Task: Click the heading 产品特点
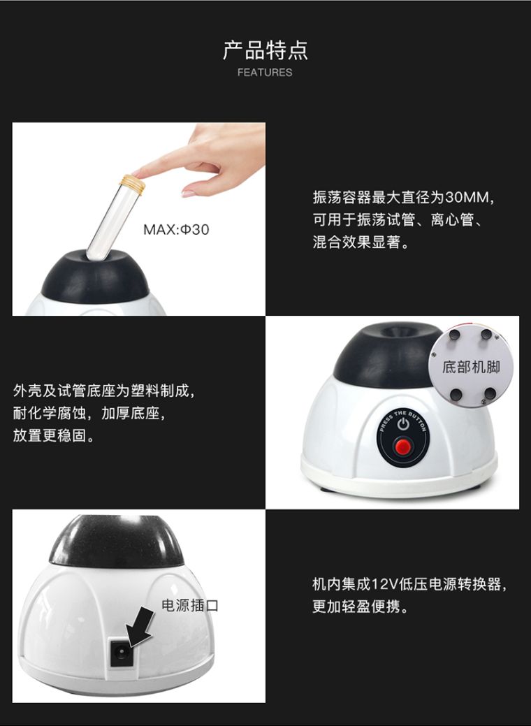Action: point(265,50)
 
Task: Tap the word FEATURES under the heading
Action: point(265,72)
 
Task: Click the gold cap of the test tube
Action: point(133,183)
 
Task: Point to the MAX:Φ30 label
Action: point(176,229)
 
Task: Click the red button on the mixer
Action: point(402,447)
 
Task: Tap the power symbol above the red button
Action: point(403,423)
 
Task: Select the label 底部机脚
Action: point(472,367)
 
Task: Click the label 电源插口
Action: point(190,605)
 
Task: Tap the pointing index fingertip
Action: point(139,174)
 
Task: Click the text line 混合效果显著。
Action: point(361,242)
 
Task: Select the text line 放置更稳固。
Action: point(53,435)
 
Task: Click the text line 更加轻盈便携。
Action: point(361,606)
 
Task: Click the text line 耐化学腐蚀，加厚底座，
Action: point(89,413)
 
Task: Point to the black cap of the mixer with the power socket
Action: point(116,542)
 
